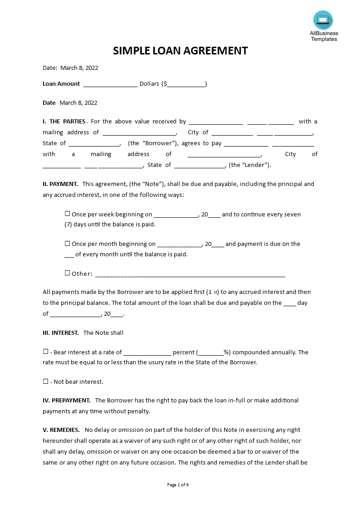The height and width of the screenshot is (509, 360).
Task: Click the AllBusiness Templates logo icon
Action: coord(323,20)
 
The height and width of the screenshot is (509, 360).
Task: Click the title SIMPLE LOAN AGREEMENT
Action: coord(180,50)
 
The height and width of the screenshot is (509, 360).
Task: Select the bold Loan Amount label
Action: coord(61,84)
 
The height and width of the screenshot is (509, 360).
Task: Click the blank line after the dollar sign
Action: coord(186,84)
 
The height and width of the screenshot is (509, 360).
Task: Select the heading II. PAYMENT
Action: coord(60,184)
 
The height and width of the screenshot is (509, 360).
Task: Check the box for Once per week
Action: coord(68,214)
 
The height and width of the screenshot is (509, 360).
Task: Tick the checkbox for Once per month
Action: coord(68,243)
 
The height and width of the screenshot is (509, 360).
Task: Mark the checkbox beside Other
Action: coord(68,273)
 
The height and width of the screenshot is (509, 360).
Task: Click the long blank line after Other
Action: coord(190,274)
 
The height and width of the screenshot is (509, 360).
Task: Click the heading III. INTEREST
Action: coord(61,333)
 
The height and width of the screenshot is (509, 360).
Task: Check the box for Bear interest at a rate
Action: coord(45,352)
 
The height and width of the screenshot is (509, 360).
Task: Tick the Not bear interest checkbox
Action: coord(45,382)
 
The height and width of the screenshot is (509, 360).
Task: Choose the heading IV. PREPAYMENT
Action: coord(67,401)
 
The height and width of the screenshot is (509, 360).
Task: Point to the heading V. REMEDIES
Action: coord(61,430)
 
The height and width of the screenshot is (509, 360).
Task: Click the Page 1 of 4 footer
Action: coord(178,485)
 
